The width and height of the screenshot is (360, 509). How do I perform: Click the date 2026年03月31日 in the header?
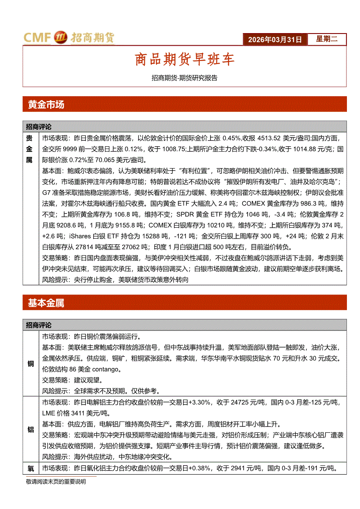click(x=275, y=40)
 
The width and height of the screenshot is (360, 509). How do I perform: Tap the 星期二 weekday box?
click(x=326, y=39)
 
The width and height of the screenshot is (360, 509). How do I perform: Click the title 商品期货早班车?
click(x=184, y=60)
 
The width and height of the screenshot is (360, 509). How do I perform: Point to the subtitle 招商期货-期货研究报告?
click(x=184, y=78)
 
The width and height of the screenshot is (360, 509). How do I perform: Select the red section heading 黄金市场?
click(x=46, y=104)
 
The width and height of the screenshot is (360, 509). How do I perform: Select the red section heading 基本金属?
click(x=46, y=303)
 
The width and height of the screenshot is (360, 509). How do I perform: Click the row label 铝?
click(x=31, y=429)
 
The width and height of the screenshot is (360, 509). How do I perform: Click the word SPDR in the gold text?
click(x=185, y=214)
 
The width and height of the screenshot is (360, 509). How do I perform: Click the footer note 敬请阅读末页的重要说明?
click(x=56, y=482)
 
